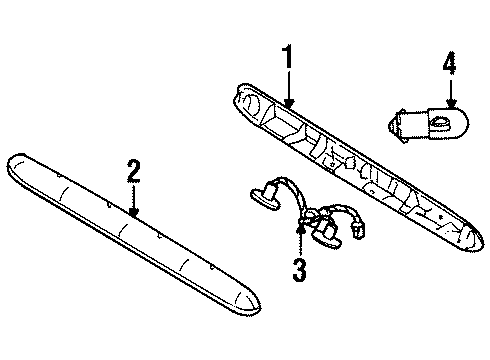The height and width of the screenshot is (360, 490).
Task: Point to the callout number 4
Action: [449, 67]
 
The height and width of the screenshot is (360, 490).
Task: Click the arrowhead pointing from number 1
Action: [288, 103]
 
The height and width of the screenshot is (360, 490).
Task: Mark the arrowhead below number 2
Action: [133, 213]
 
